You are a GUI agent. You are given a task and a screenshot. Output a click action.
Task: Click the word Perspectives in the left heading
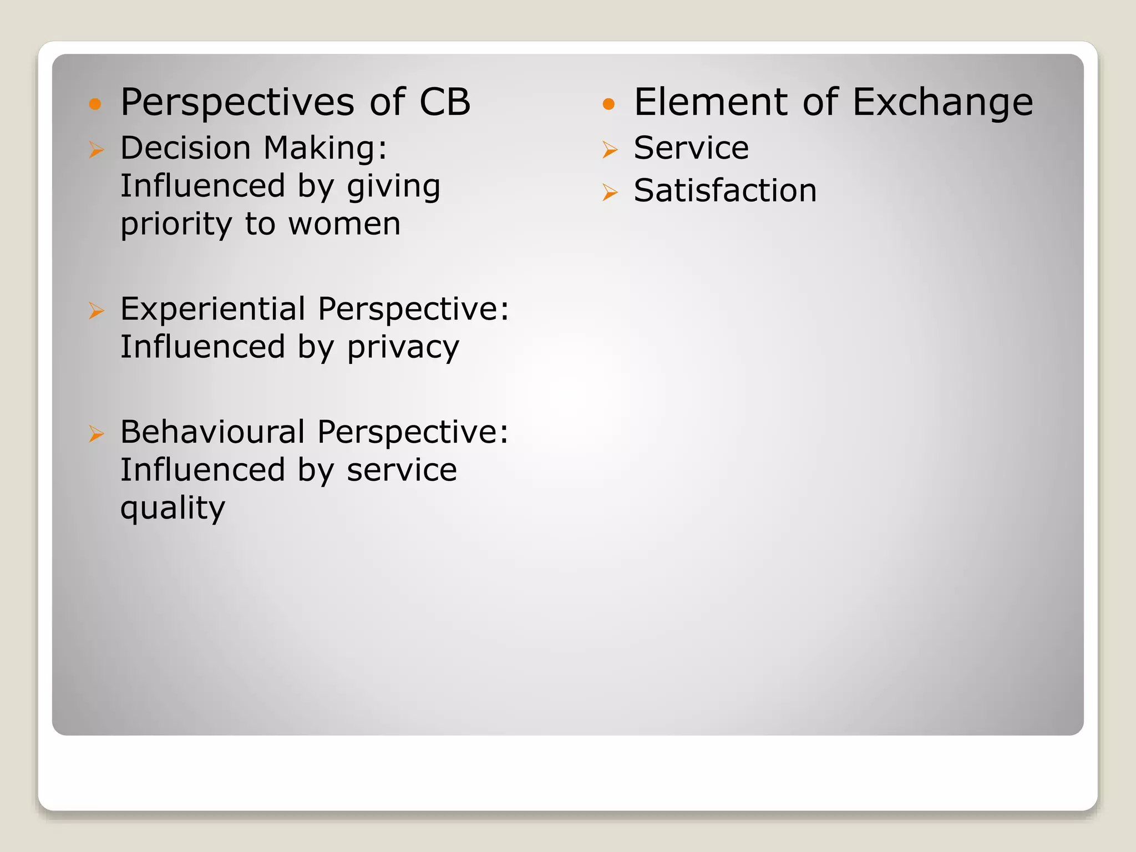click(x=237, y=103)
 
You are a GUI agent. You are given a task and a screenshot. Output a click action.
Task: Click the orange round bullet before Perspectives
click(x=95, y=104)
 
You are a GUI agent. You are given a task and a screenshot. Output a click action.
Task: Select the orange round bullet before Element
click(x=608, y=104)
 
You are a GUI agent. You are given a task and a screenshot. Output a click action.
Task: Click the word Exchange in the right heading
click(x=942, y=103)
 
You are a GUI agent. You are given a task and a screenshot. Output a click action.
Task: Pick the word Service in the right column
click(x=691, y=148)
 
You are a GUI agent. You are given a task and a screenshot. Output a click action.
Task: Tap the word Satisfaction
click(x=725, y=191)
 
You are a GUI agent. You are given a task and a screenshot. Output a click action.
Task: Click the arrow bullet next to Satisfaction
click(x=610, y=192)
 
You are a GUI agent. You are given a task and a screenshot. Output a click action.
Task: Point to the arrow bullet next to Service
click(x=610, y=150)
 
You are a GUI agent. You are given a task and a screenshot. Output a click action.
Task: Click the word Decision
click(x=185, y=149)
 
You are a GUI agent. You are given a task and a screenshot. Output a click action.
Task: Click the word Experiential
click(x=212, y=309)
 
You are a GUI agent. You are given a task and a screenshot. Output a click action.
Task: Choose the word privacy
click(x=403, y=348)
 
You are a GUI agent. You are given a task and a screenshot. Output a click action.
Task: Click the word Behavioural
click(x=212, y=432)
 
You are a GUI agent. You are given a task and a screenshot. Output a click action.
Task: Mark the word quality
click(x=173, y=509)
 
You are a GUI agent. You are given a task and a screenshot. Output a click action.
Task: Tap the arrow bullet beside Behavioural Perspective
click(x=97, y=434)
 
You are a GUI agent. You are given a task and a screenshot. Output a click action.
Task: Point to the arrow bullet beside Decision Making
click(x=97, y=150)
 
